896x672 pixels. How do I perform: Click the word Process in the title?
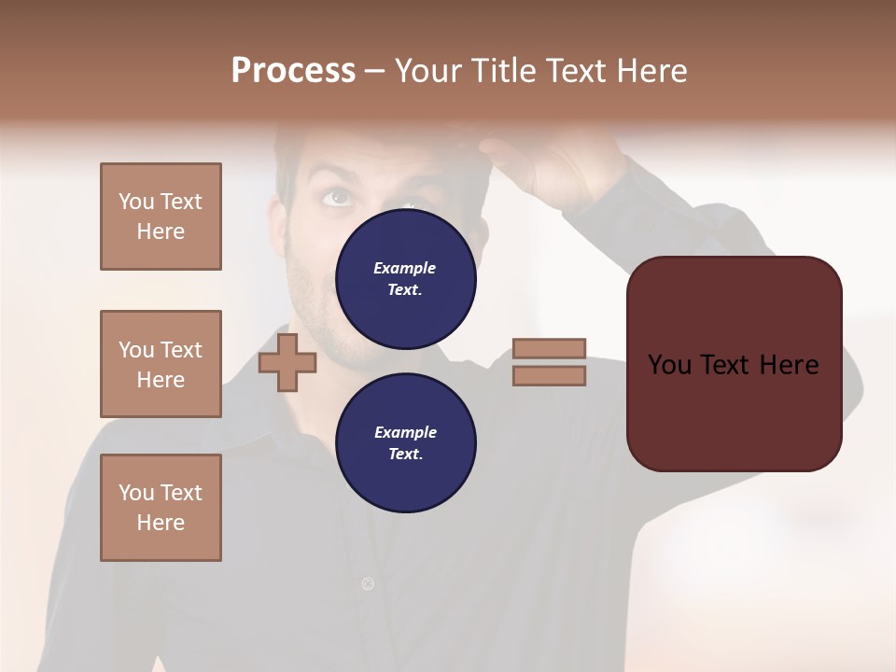point(293,71)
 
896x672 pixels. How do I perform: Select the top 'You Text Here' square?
point(161,217)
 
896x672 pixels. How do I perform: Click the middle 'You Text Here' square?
point(161,364)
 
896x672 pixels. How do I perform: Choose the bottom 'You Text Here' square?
point(161,507)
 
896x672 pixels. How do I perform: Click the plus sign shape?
point(287,363)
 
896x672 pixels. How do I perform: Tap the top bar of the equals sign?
point(549,349)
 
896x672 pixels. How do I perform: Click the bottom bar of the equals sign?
point(549,375)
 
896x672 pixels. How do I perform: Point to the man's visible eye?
point(337,197)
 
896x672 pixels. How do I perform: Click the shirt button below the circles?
point(368,584)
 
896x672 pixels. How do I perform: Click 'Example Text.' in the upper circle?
point(405,278)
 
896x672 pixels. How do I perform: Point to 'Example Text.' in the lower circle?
point(405,442)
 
